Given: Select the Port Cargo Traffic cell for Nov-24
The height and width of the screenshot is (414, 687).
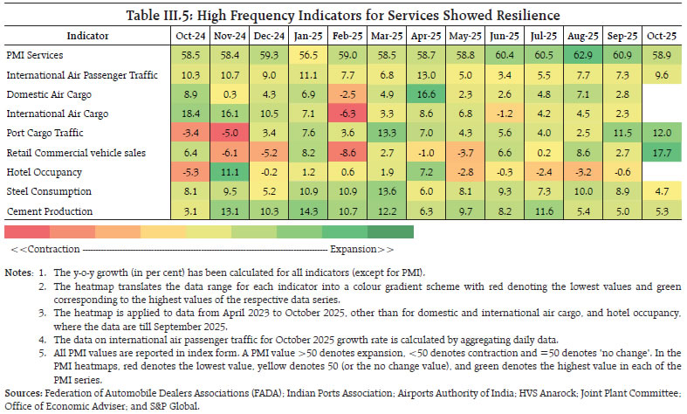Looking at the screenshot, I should [229, 133].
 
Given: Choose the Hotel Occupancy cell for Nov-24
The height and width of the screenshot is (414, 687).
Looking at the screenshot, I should [229, 171].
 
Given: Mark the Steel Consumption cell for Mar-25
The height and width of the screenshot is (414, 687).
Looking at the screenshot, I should [385, 191].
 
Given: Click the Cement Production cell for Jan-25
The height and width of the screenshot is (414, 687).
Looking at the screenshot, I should [306, 210].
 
